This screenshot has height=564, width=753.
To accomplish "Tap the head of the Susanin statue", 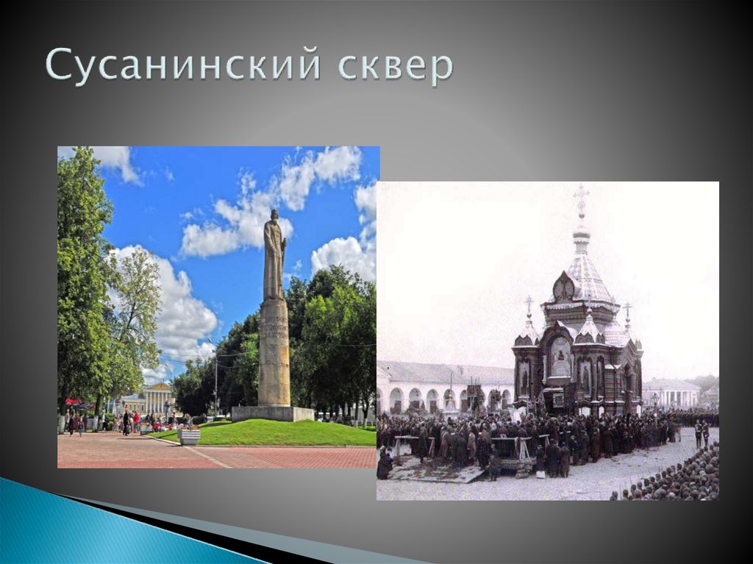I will [x=274, y=216].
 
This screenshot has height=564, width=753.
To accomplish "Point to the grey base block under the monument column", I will [x=272, y=413].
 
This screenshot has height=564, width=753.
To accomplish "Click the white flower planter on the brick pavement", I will [x=189, y=436].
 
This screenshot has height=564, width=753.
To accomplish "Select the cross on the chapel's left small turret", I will [x=528, y=303].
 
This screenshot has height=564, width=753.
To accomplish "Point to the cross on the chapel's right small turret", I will [x=627, y=309].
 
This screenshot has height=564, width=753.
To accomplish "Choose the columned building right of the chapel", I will [x=671, y=393].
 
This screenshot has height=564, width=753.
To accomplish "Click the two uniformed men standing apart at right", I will [x=702, y=434].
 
